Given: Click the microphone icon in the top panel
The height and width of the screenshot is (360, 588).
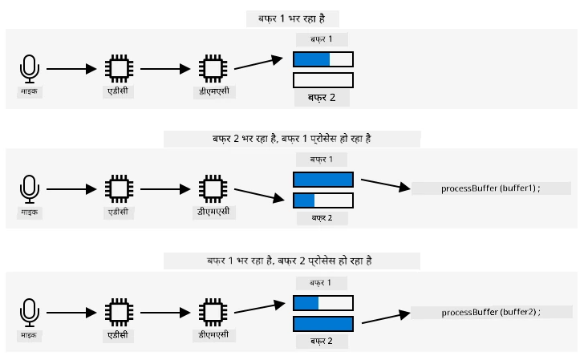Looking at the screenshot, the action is pyautogui.click(x=30, y=69).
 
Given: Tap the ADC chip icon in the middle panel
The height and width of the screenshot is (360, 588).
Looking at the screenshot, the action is pyautogui.click(x=120, y=189).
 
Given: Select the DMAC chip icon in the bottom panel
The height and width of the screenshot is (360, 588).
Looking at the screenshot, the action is pyautogui.click(x=213, y=313).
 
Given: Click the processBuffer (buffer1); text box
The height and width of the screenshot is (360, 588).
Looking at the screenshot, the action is pyautogui.click(x=491, y=188).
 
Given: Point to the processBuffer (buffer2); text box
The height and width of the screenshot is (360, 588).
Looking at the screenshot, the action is pyautogui.click(x=491, y=312).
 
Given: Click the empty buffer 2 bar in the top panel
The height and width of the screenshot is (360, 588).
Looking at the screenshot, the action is pyautogui.click(x=323, y=80).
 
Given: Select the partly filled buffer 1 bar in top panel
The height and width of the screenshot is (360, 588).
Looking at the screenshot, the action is pyautogui.click(x=323, y=59).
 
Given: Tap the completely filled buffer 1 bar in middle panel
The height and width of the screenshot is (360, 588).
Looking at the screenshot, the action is pyautogui.click(x=323, y=180).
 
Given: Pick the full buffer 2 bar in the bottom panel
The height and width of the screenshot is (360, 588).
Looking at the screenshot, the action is pyautogui.click(x=323, y=324).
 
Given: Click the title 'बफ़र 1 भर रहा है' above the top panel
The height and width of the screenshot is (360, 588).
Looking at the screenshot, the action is pyautogui.click(x=292, y=18).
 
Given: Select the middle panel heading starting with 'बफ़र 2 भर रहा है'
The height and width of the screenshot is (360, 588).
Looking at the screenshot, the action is pyautogui.click(x=292, y=140).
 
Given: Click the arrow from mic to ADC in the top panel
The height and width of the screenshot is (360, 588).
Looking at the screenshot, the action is pyautogui.click(x=71, y=69).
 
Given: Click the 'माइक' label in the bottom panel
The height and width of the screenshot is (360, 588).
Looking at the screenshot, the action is pyautogui.click(x=29, y=335).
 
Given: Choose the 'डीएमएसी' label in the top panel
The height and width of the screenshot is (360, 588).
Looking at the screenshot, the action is pyautogui.click(x=214, y=91).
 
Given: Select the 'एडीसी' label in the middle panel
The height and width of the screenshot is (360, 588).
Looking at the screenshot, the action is pyautogui.click(x=119, y=212).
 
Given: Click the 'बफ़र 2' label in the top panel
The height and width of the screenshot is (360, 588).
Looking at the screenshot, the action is pyautogui.click(x=322, y=98).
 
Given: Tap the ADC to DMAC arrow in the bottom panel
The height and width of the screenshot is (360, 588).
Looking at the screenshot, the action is pyautogui.click(x=165, y=313).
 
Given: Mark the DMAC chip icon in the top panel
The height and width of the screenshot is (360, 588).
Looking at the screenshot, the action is pyautogui.click(x=213, y=69).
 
